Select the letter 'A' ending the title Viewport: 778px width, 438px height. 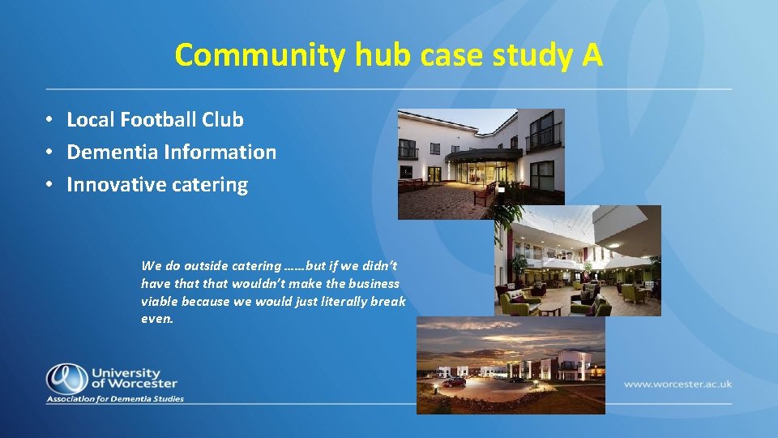point(592,55)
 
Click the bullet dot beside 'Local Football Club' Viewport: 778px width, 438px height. point(49,119)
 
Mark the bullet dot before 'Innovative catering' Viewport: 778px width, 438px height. point(49,184)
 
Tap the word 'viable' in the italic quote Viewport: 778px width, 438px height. point(160,301)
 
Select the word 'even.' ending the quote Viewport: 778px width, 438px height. point(157,319)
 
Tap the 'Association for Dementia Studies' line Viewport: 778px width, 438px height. point(115,398)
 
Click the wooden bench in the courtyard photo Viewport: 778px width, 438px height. point(485,191)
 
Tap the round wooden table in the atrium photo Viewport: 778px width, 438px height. point(551,309)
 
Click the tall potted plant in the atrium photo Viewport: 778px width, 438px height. point(519,268)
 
